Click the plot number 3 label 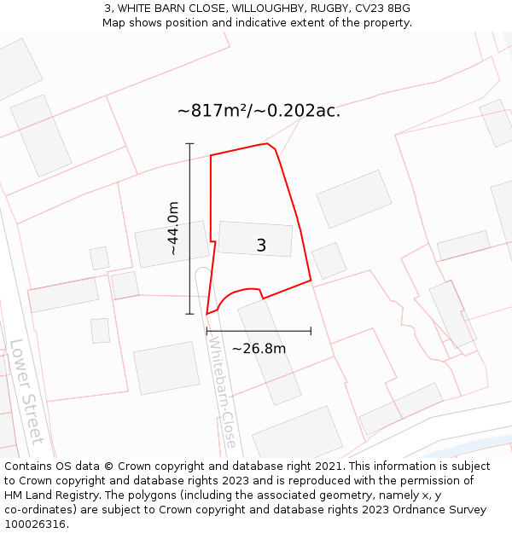[x=261, y=246]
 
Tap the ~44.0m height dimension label [x=172, y=229]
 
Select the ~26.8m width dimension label [x=259, y=348]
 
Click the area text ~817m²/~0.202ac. [x=259, y=111]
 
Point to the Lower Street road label [x=26, y=391]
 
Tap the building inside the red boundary [x=254, y=239]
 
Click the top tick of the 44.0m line [x=189, y=143]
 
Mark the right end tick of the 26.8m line [x=311, y=331]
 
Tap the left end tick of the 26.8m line [x=207, y=331]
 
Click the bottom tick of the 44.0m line [x=189, y=314]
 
